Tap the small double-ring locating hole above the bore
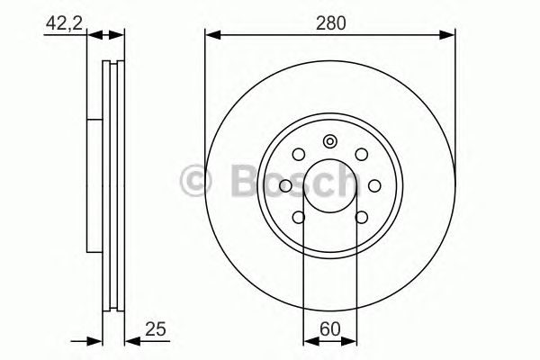click(329, 140)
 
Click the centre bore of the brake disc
click(329, 186)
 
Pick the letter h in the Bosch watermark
click(347, 180)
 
